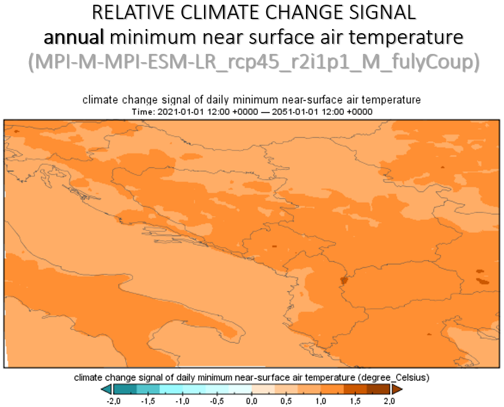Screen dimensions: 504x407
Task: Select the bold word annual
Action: [74, 37]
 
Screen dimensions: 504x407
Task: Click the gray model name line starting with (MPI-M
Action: [254, 62]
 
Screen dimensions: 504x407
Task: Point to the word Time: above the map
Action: [143, 112]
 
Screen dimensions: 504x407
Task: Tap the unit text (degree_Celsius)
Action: [394, 377]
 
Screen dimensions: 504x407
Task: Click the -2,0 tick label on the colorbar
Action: [113, 401]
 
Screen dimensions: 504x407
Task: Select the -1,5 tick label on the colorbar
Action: [148, 401]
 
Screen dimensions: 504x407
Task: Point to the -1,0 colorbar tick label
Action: [183, 401]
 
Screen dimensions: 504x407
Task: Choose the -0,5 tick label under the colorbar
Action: [217, 401]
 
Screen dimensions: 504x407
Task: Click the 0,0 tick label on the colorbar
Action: [251, 401]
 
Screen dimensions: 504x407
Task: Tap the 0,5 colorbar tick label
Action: [286, 401]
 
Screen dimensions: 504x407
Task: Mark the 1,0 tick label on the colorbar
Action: [321, 401]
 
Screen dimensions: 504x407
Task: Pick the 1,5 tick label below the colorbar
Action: [355, 401]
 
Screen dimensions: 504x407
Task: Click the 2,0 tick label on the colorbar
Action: [389, 401]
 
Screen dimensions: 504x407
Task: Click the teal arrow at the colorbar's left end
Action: [107, 389]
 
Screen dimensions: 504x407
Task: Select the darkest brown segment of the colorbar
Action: [378, 389]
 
